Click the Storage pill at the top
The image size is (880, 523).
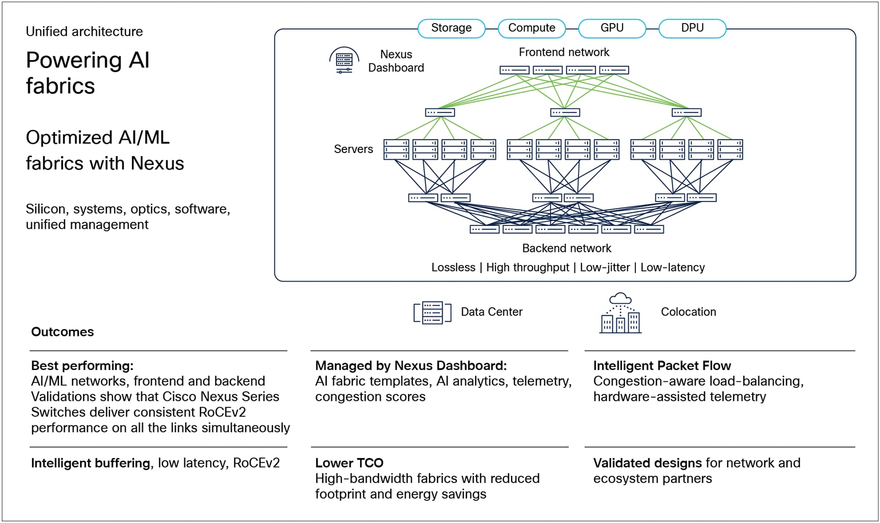(x=451, y=28)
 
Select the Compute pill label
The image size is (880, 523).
(x=531, y=28)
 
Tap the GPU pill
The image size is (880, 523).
(x=612, y=28)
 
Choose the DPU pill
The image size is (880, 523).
(x=692, y=28)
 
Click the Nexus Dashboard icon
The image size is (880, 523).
(x=344, y=60)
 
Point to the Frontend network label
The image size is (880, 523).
(x=564, y=52)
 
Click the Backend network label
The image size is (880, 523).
(x=566, y=248)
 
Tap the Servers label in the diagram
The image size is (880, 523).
(x=353, y=149)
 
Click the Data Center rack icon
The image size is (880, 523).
(x=432, y=312)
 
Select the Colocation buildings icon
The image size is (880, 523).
(x=620, y=314)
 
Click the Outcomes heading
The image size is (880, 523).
(x=63, y=332)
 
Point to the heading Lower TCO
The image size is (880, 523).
(x=349, y=463)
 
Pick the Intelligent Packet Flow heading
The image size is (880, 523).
(x=661, y=366)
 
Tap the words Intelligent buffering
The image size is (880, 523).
(x=90, y=463)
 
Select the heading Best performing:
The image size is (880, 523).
(x=82, y=366)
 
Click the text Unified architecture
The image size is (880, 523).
(x=84, y=31)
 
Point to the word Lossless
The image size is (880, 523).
(x=453, y=267)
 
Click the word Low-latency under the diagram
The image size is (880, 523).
(x=672, y=267)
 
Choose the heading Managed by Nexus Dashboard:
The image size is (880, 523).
(x=411, y=366)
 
